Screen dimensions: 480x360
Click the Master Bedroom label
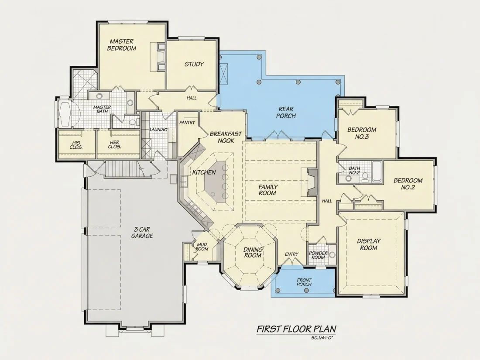[122, 45]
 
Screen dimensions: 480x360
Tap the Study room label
[194, 64]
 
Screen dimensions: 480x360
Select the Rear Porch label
[286, 112]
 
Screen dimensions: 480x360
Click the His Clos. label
[76, 145]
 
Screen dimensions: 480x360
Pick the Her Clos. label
[114, 144]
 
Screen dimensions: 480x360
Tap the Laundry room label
[158, 130]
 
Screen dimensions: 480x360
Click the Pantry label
[187, 123]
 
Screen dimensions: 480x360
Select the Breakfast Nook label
[226, 137]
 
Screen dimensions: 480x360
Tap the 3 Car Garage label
[142, 232]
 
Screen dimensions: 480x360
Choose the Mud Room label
[202, 247]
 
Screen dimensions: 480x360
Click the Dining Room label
[253, 253]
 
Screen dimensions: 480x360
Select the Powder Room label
[318, 255]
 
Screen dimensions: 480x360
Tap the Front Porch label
[304, 282]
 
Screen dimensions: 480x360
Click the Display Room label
[369, 244]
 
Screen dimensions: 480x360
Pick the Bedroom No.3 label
[362, 133]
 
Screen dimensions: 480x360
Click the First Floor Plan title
[296, 329]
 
